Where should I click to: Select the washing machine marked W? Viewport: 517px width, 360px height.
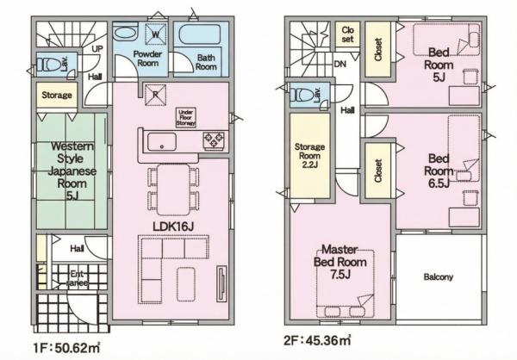coord(156,35)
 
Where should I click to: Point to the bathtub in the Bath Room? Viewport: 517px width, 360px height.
coord(199,39)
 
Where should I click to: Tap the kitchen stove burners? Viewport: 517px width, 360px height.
coord(213,139)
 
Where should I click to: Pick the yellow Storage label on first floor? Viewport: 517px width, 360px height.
coord(54,93)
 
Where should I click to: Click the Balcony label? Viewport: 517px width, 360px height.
coord(439,277)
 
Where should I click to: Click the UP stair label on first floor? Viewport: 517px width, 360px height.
coord(97,49)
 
